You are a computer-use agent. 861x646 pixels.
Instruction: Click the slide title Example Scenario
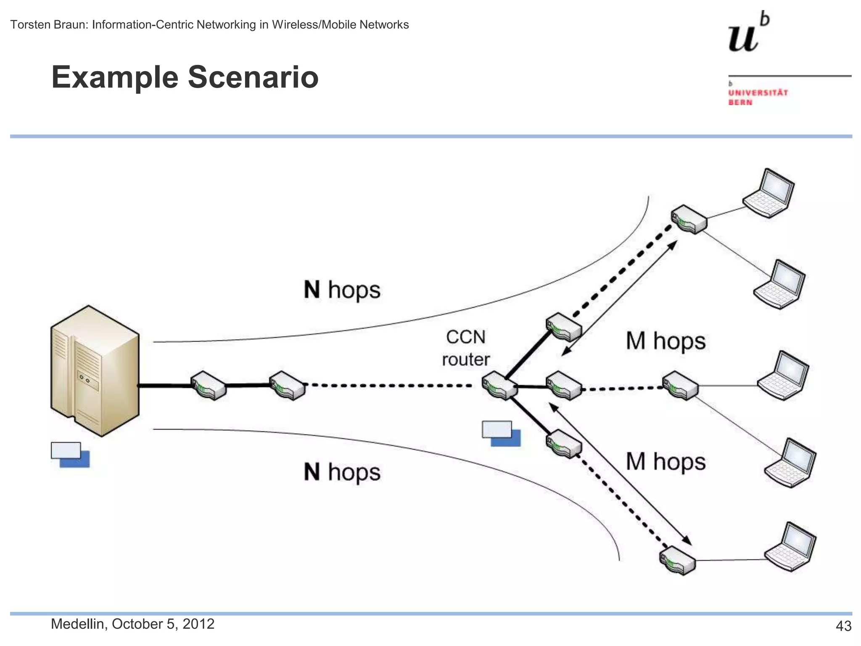pos(185,77)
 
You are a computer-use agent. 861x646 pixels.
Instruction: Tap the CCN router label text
pos(466,348)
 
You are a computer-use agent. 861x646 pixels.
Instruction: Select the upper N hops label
pos(342,290)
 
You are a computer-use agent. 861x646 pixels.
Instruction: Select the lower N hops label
pos(342,472)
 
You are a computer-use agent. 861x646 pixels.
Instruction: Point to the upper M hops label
pos(666,341)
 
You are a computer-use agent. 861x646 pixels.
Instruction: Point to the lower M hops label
pos(666,462)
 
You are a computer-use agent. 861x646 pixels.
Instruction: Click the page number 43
pos(843,626)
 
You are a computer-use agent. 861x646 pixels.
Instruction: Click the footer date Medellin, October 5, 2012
pos(132,624)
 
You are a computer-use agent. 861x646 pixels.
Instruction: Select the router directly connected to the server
pos(209,385)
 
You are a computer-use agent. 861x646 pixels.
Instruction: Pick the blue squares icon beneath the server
pos(70,455)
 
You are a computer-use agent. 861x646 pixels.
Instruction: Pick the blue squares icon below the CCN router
pos(501,433)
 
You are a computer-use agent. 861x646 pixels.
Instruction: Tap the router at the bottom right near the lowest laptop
pos(677,560)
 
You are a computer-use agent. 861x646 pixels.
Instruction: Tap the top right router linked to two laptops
pos(689,219)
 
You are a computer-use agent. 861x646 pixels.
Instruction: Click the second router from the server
pos(287,385)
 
